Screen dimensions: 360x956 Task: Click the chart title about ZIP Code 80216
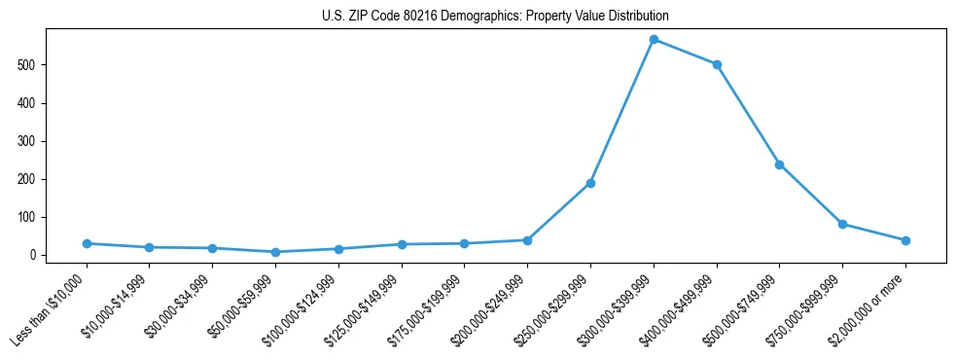click(495, 17)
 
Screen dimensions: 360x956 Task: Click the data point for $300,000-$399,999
click(654, 39)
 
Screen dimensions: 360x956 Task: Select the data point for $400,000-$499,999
click(717, 64)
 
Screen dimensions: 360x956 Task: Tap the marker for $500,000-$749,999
click(779, 164)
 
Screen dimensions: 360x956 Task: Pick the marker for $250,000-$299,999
click(590, 183)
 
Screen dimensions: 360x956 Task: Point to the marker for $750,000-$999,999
click(842, 224)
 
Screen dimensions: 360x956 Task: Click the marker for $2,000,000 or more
click(905, 240)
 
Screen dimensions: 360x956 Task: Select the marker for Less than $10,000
click(87, 243)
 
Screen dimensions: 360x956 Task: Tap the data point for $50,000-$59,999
click(275, 252)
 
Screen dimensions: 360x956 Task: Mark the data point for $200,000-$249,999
click(527, 240)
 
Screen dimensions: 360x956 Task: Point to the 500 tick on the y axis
click(38, 65)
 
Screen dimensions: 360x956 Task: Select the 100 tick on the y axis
click(38, 217)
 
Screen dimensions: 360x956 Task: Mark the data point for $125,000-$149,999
click(402, 244)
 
